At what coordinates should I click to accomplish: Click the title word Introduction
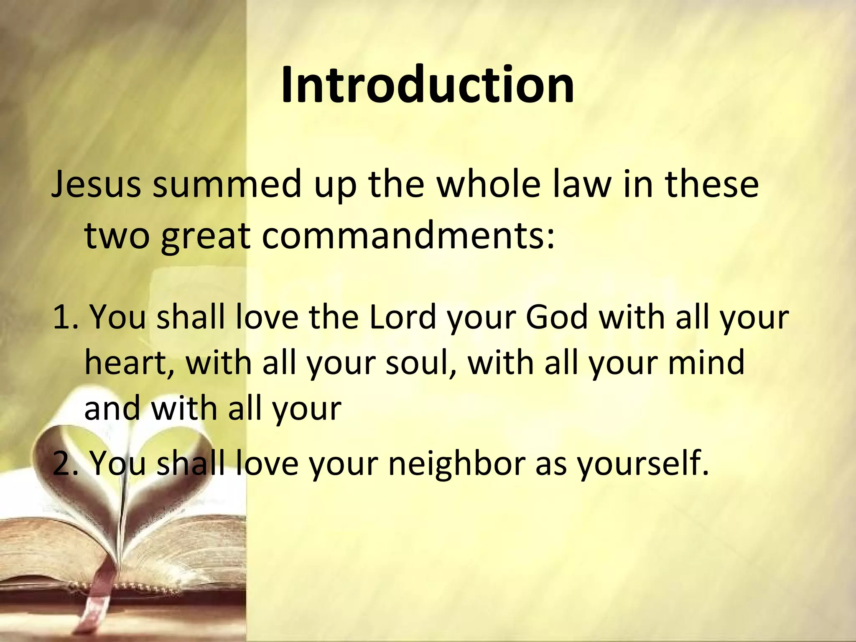pyautogui.click(x=427, y=85)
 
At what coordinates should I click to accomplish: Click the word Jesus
pyautogui.click(x=96, y=185)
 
